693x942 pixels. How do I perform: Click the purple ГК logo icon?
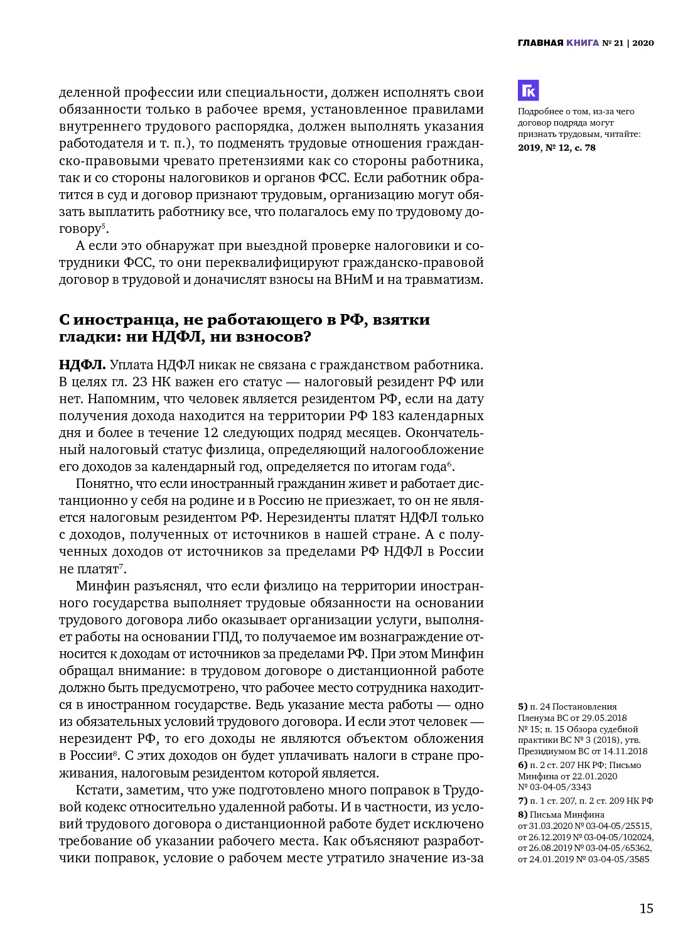click(529, 90)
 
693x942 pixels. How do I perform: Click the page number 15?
click(646, 909)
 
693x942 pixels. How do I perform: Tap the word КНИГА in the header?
click(583, 43)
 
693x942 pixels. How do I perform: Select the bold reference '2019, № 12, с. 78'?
click(557, 148)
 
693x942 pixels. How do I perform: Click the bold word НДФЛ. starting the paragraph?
click(82, 365)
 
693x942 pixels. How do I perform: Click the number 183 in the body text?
click(383, 416)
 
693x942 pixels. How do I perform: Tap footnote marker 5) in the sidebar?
click(523, 707)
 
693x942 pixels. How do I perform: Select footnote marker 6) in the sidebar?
click(523, 765)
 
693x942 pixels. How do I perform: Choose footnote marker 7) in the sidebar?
click(523, 801)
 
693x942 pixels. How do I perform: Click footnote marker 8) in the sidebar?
click(523, 815)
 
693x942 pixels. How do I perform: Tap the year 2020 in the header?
click(643, 43)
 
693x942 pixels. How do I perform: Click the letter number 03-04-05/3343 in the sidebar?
click(555, 787)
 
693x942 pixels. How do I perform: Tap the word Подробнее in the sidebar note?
click(539, 112)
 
